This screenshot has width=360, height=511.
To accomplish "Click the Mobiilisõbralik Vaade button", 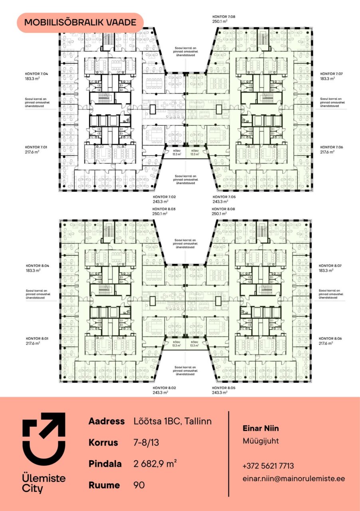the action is click(x=80, y=23).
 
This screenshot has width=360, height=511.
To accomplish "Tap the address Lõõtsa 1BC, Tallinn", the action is click(x=173, y=421).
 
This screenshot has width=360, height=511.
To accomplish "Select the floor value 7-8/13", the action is click(x=146, y=443).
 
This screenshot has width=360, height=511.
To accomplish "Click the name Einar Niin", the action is click(x=261, y=428).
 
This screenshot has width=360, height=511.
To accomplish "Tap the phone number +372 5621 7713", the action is click(x=268, y=465).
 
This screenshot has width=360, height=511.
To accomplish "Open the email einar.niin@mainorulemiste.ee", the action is click(x=294, y=478).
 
